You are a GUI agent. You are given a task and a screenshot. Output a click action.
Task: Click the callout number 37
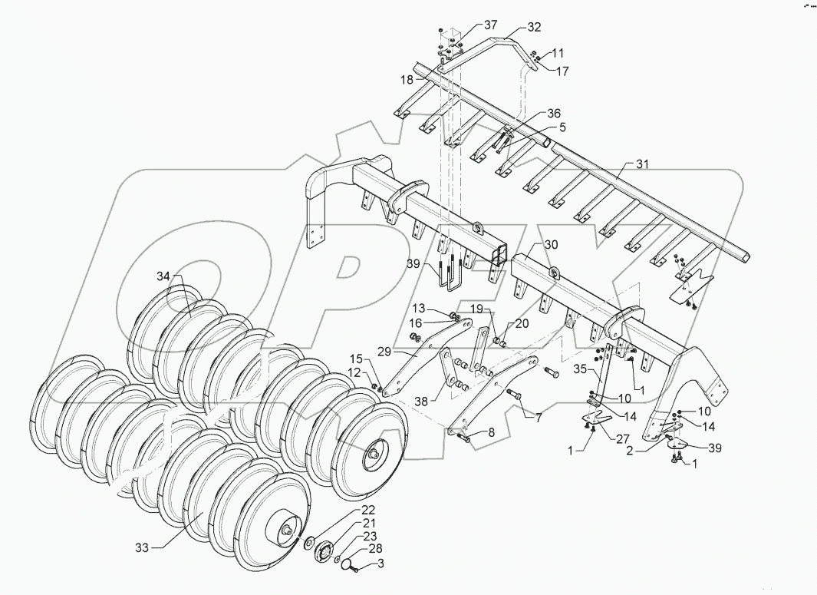pos(490,25)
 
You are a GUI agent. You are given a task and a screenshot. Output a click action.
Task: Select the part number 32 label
pos(534,27)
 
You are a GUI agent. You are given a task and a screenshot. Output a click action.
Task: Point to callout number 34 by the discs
pos(162,276)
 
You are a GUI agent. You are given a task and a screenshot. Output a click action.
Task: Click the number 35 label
pos(582,369)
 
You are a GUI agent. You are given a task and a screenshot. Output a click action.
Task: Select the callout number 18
pos(406,79)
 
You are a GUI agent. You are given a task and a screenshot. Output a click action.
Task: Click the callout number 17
pos(562,71)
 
